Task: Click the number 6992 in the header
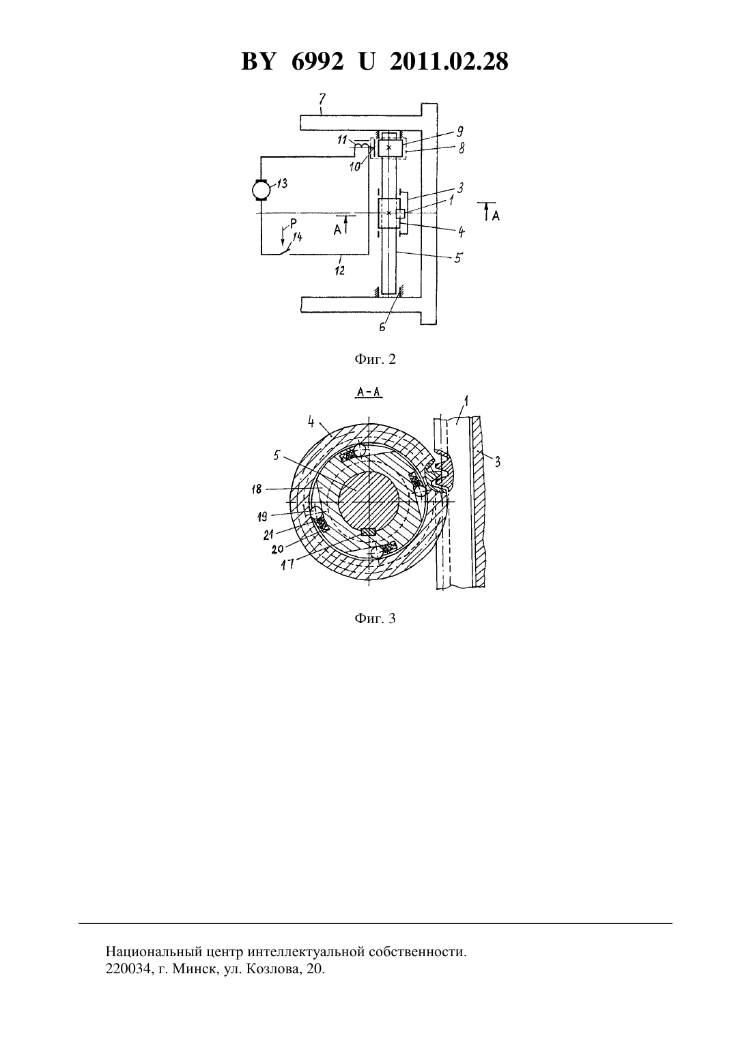tap(317, 61)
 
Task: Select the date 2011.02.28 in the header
tap(449, 61)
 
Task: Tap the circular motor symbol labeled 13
tap(261, 190)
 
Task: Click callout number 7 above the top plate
tap(322, 99)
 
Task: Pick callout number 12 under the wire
tap(339, 271)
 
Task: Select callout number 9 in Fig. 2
tap(459, 132)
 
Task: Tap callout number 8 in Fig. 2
tap(461, 148)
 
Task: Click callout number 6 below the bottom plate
tap(382, 327)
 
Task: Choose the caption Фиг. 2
tap(375, 359)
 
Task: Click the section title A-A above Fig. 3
tap(369, 392)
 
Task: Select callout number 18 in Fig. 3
tap(257, 489)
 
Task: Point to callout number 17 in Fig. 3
tap(287, 564)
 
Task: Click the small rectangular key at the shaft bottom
tap(369, 532)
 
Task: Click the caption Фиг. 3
tap(375, 618)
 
